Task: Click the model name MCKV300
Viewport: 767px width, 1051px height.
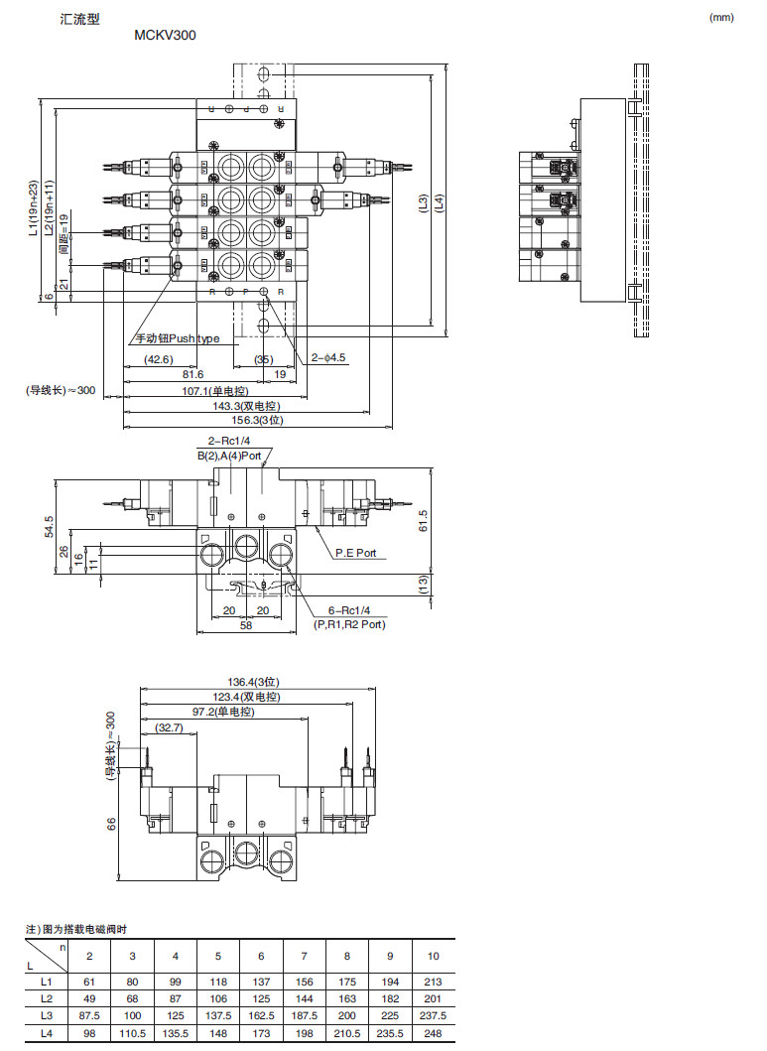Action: (165, 36)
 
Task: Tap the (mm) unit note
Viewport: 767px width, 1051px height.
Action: (722, 18)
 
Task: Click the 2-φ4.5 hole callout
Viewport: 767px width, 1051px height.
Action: (327, 357)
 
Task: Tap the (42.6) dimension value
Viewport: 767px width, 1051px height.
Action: (158, 359)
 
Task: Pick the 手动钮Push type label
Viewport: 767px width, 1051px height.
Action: (179, 338)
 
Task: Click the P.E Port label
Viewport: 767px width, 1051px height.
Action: (355, 553)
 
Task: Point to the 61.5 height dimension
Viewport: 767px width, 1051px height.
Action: (423, 519)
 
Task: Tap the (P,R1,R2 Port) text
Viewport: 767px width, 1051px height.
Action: (349, 624)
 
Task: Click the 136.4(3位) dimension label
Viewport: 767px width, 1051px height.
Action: (255, 682)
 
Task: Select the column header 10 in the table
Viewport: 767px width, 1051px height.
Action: (433, 956)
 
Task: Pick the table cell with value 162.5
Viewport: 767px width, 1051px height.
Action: (261, 1016)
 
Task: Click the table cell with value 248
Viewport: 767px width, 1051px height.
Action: (433, 1034)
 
